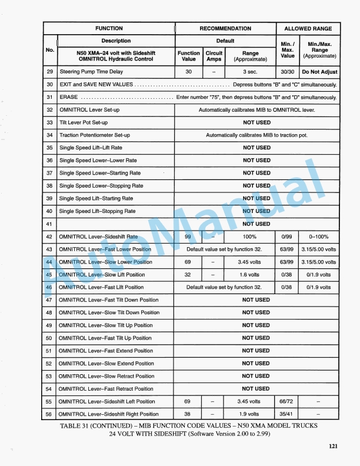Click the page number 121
(x=334, y=446)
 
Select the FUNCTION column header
(x=109, y=28)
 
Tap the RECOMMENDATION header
(x=225, y=28)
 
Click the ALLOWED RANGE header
(x=308, y=28)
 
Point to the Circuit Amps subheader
(x=214, y=56)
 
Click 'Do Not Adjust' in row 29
(x=319, y=72)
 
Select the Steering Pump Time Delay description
(x=91, y=72)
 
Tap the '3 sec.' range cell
(x=250, y=72)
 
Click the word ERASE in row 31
(x=69, y=97)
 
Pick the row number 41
(x=49, y=224)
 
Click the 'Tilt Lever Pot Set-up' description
(x=84, y=122)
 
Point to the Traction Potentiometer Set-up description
(x=95, y=135)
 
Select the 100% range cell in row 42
(x=250, y=237)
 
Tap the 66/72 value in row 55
(x=286, y=401)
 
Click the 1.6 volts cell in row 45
(x=250, y=275)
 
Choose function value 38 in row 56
(x=188, y=414)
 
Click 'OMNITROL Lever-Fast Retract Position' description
(x=106, y=389)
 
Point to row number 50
(x=49, y=338)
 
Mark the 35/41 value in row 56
(x=286, y=414)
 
